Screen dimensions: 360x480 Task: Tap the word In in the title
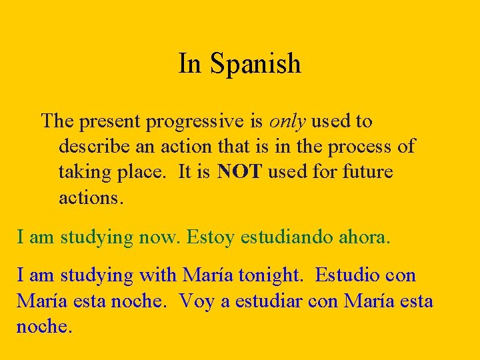click(x=189, y=64)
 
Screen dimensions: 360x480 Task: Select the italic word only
click(x=287, y=122)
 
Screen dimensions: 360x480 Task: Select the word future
click(x=367, y=172)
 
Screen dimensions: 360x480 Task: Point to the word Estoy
click(x=211, y=237)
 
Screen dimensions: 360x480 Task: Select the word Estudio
click(x=345, y=275)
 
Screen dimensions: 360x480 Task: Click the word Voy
click(x=196, y=301)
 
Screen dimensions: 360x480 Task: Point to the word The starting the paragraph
click(x=57, y=121)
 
